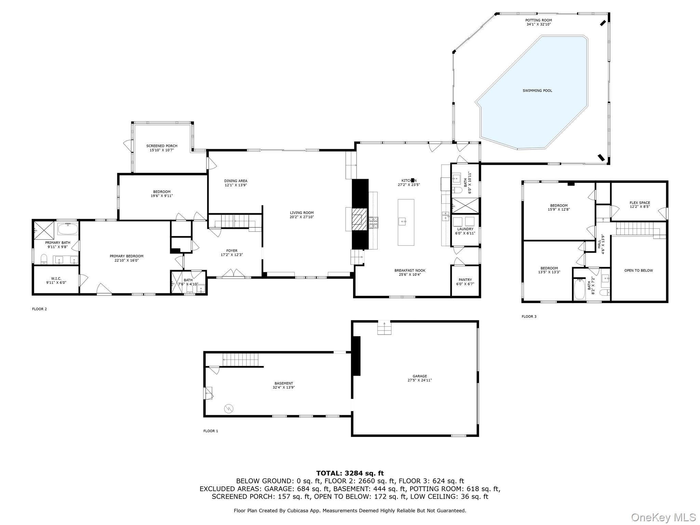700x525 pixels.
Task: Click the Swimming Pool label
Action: tap(537, 91)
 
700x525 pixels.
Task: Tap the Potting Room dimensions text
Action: tap(538, 24)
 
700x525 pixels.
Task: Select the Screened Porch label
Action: tap(162, 146)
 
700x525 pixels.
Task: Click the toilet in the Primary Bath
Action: tap(44, 259)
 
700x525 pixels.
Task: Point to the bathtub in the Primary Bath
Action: tap(68, 229)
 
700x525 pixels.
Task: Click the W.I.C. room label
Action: tap(56, 279)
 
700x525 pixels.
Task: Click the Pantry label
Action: tap(465, 280)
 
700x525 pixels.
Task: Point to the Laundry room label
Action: tap(465, 229)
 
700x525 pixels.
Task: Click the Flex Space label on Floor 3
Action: tap(640, 203)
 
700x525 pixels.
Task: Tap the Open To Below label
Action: tap(638, 270)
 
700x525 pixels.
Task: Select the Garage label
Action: tap(419, 376)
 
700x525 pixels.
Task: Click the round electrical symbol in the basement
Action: tap(229, 408)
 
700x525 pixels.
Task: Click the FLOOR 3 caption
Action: tap(529, 317)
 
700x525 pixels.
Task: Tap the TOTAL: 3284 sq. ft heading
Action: tap(350, 473)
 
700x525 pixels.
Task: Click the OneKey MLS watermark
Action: tap(663, 517)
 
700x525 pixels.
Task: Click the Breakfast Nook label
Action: tap(409, 270)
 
